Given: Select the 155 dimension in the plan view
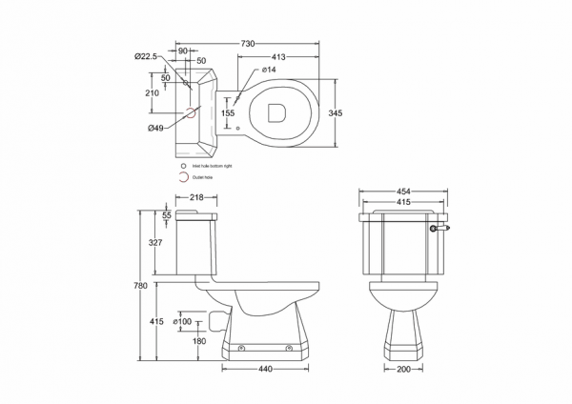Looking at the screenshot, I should (x=228, y=113).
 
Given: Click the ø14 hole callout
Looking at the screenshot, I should (x=269, y=71).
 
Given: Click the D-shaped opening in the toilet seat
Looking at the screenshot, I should (x=278, y=112).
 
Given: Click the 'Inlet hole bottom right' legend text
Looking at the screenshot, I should (x=212, y=166).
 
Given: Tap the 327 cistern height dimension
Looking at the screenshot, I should (x=155, y=244).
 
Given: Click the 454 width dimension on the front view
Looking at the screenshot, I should (x=403, y=190).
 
